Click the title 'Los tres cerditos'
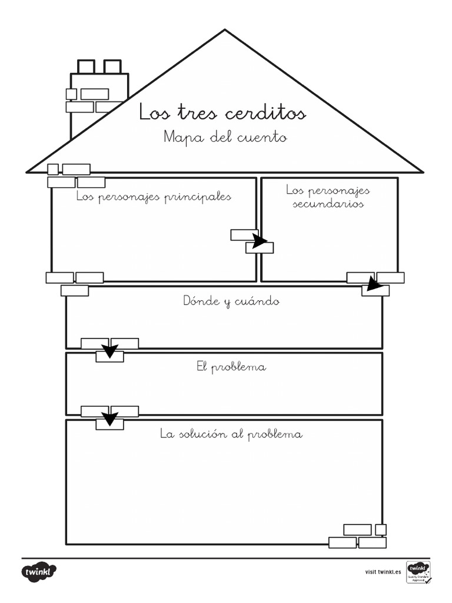[222, 112]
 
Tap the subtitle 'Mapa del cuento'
[225, 138]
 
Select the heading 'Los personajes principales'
[154, 197]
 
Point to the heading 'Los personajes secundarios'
[328, 197]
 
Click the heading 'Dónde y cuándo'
[231, 301]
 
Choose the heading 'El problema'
[231, 367]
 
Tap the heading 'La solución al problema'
[231, 435]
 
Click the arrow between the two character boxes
[259, 240]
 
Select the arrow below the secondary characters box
[374, 284]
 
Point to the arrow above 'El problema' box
[109, 351]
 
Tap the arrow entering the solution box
[109, 418]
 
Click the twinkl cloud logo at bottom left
[39, 572]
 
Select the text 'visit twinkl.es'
[383, 572]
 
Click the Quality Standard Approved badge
[418, 572]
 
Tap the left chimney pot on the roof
[86, 67]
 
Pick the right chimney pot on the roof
[112, 67]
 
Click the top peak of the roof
[224, 31]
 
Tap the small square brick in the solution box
[381, 529]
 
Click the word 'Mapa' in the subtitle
[178, 138]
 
